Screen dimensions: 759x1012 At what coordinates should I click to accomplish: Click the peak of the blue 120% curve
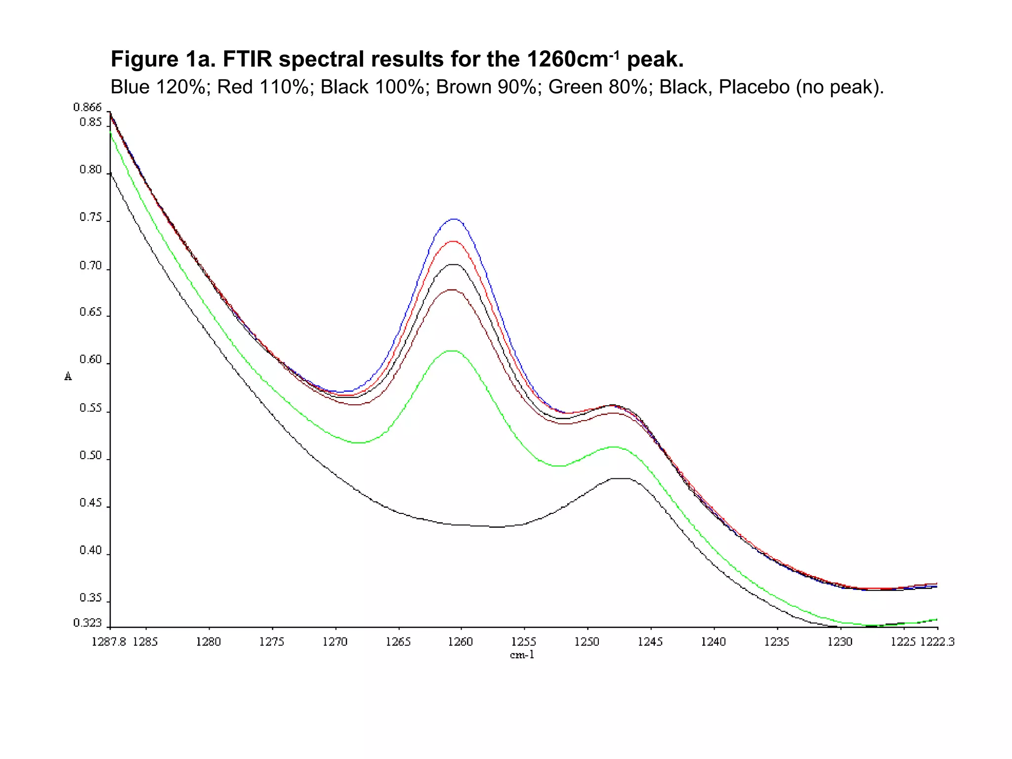(x=454, y=219)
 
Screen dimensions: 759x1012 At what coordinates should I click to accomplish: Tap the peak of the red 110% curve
(x=453, y=241)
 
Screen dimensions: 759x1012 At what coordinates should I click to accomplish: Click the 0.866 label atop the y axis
(x=87, y=107)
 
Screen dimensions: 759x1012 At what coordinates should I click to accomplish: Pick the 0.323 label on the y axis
(x=87, y=623)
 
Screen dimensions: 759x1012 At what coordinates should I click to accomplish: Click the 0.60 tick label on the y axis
(x=90, y=360)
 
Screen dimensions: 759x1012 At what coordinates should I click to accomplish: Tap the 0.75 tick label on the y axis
(x=90, y=217)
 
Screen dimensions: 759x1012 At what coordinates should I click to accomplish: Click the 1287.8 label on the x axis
(x=109, y=642)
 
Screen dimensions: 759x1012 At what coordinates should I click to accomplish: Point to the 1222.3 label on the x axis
(x=937, y=642)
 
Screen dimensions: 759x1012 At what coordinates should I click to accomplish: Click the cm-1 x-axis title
(x=522, y=655)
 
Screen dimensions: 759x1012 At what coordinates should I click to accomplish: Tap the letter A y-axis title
(x=68, y=377)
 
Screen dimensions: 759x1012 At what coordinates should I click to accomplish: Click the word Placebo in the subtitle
(x=754, y=87)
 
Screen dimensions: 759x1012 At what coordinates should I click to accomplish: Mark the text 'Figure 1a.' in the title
(x=163, y=59)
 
